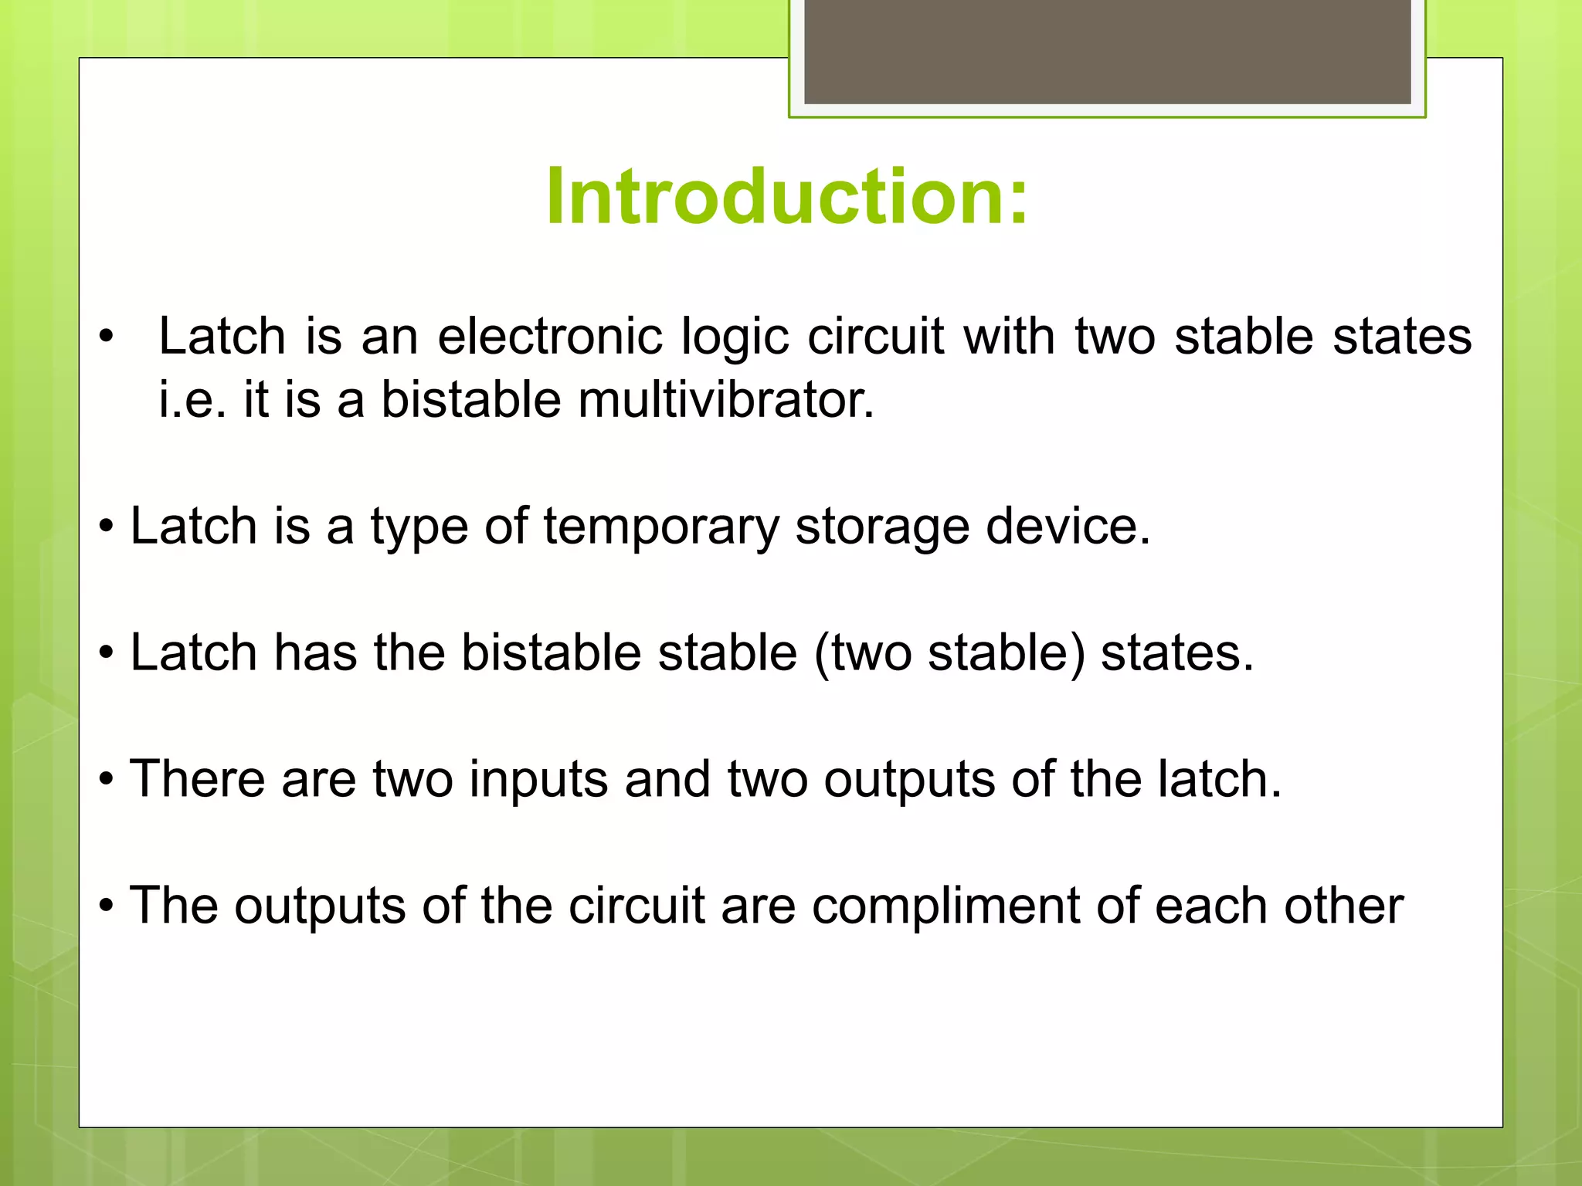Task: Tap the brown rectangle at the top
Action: [x=1107, y=52]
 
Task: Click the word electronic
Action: [x=550, y=337]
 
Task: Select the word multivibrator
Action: [x=726, y=400]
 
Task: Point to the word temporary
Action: [x=660, y=527]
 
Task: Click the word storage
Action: [x=881, y=527]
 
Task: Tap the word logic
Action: [x=735, y=338]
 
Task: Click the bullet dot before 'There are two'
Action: [x=107, y=780]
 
